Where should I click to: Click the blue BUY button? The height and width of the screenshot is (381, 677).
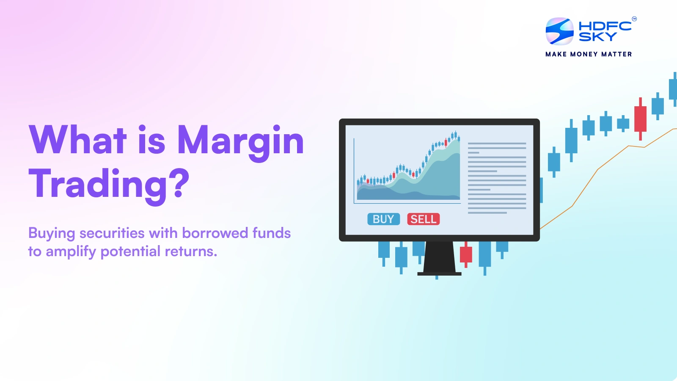pos(383,219)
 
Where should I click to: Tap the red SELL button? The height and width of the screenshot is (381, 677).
pos(423,219)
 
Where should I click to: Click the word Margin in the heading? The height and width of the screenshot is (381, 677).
pos(240,141)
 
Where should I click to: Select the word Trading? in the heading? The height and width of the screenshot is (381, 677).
pos(109,184)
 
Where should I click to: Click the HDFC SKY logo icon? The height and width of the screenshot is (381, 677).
pos(559,31)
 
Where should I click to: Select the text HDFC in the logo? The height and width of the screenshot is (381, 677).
pos(605,26)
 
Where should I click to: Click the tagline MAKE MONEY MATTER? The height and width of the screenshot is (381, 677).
pos(589,54)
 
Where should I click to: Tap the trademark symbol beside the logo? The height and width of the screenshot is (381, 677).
pos(634,19)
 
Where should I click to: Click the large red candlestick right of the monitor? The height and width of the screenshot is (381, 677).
pos(640,119)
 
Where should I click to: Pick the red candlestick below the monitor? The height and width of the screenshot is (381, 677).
pos(466,254)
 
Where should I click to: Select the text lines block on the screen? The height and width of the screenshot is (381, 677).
pos(497,178)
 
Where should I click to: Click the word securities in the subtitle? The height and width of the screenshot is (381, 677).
pos(112,233)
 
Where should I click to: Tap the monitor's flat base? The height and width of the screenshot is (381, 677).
pos(439,274)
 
